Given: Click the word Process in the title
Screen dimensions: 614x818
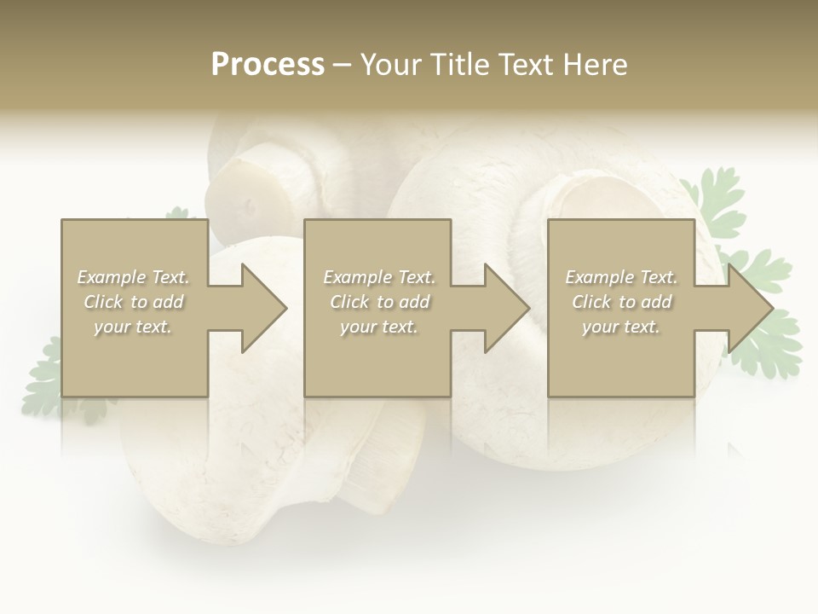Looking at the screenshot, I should (x=268, y=65).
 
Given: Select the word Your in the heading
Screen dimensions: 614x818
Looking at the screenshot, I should (x=391, y=65).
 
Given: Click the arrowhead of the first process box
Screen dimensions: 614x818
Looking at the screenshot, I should (x=261, y=308).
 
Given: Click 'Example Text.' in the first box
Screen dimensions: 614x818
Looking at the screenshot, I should (x=134, y=277).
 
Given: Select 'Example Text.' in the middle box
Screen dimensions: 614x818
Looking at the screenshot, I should (x=379, y=277).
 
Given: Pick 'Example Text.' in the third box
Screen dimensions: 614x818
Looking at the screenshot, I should (x=621, y=277).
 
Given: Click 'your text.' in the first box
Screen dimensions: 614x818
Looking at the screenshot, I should (x=133, y=327).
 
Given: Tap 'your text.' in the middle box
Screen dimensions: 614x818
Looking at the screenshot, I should (x=379, y=327).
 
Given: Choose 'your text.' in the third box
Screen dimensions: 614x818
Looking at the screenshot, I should (x=621, y=327).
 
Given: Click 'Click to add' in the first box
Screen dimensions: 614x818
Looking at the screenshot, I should (x=134, y=302).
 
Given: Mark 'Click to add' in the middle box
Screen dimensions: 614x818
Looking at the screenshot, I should (x=379, y=302).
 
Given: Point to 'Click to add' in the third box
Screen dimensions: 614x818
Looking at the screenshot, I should (x=621, y=302).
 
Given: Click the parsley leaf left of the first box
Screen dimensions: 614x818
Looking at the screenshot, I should (x=43, y=375).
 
